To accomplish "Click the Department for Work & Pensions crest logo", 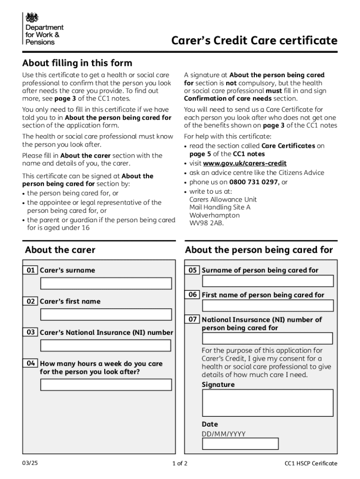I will (32, 18).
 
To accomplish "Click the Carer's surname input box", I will (106, 283).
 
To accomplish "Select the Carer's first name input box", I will (106, 314).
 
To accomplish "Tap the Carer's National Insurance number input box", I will (106, 346).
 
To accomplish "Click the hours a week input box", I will (106, 385).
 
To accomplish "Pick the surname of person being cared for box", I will (267, 281).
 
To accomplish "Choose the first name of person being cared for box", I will (267, 305).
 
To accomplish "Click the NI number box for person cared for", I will (267, 338).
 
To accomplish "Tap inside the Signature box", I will (267, 403).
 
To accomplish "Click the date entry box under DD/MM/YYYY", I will (240, 443).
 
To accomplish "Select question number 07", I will (193, 319).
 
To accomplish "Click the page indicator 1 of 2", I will (180, 464).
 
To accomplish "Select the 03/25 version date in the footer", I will (29, 463).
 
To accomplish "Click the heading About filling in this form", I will (77, 63).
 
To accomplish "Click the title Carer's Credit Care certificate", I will (254, 41).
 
